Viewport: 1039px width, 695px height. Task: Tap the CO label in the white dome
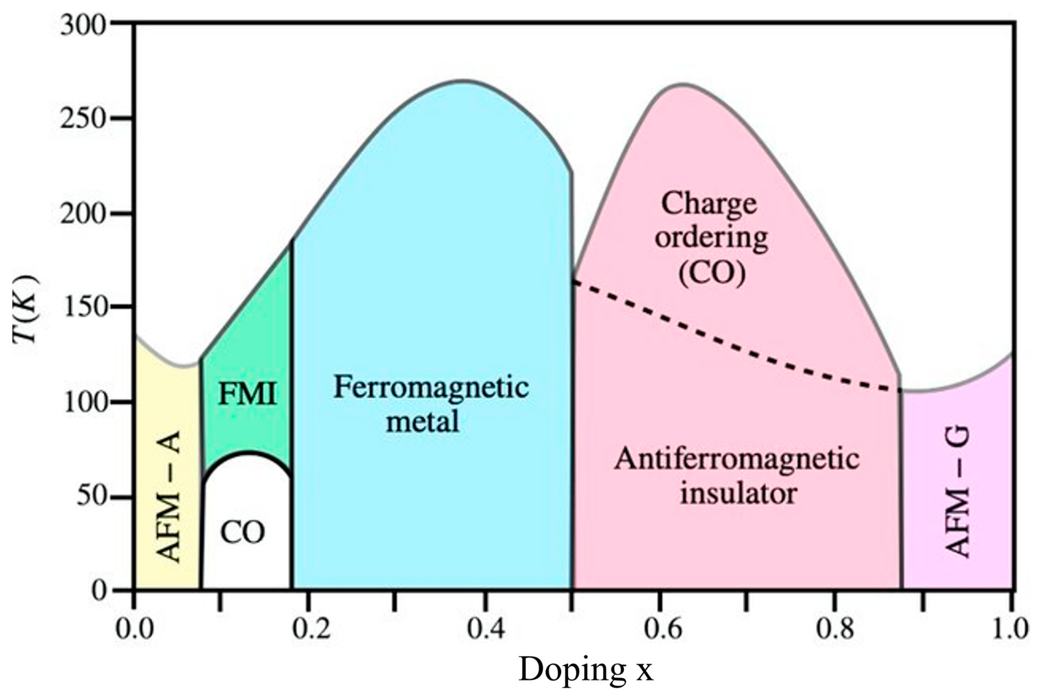pyautogui.click(x=243, y=532)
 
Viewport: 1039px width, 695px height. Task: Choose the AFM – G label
pyautogui.click(x=958, y=492)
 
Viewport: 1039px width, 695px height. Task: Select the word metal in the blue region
pyautogui.click(x=422, y=421)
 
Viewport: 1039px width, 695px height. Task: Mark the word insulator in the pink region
pyautogui.click(x=739, y=493)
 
